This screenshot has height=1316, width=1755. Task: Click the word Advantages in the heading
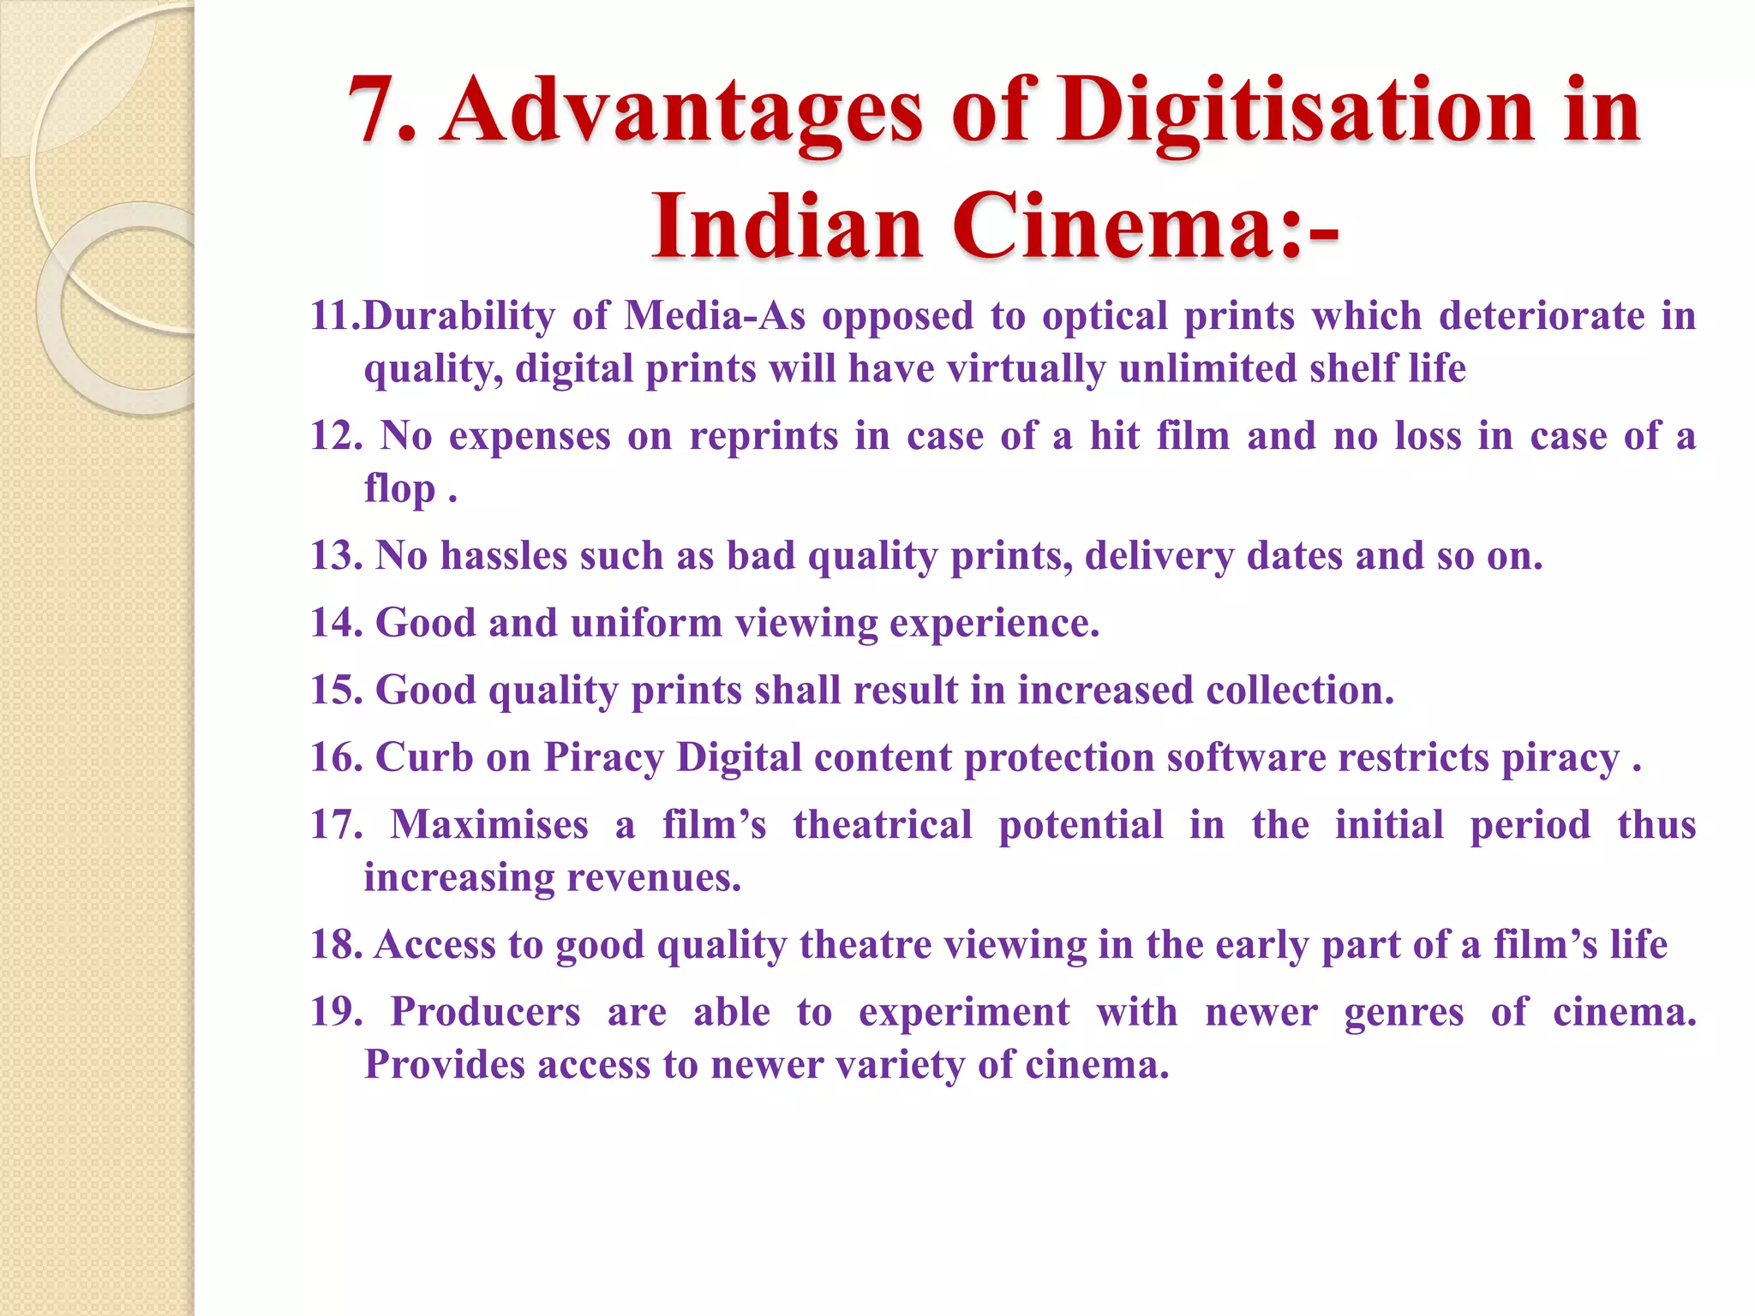point(683,111)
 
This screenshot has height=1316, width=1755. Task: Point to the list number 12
point(336,436)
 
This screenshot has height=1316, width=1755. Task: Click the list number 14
point(336,623)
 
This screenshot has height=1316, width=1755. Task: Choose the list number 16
point(336,757)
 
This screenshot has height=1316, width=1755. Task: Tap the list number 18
point(336,945)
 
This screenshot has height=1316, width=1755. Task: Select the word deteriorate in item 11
point(1542,316)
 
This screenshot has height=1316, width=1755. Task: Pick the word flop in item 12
point(399,490)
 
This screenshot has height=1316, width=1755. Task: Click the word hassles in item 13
point(504,556)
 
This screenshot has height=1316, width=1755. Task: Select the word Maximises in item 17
point(489,825)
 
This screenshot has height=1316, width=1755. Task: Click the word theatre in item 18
point(866,945)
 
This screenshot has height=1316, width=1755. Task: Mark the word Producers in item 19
point(486,1013)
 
